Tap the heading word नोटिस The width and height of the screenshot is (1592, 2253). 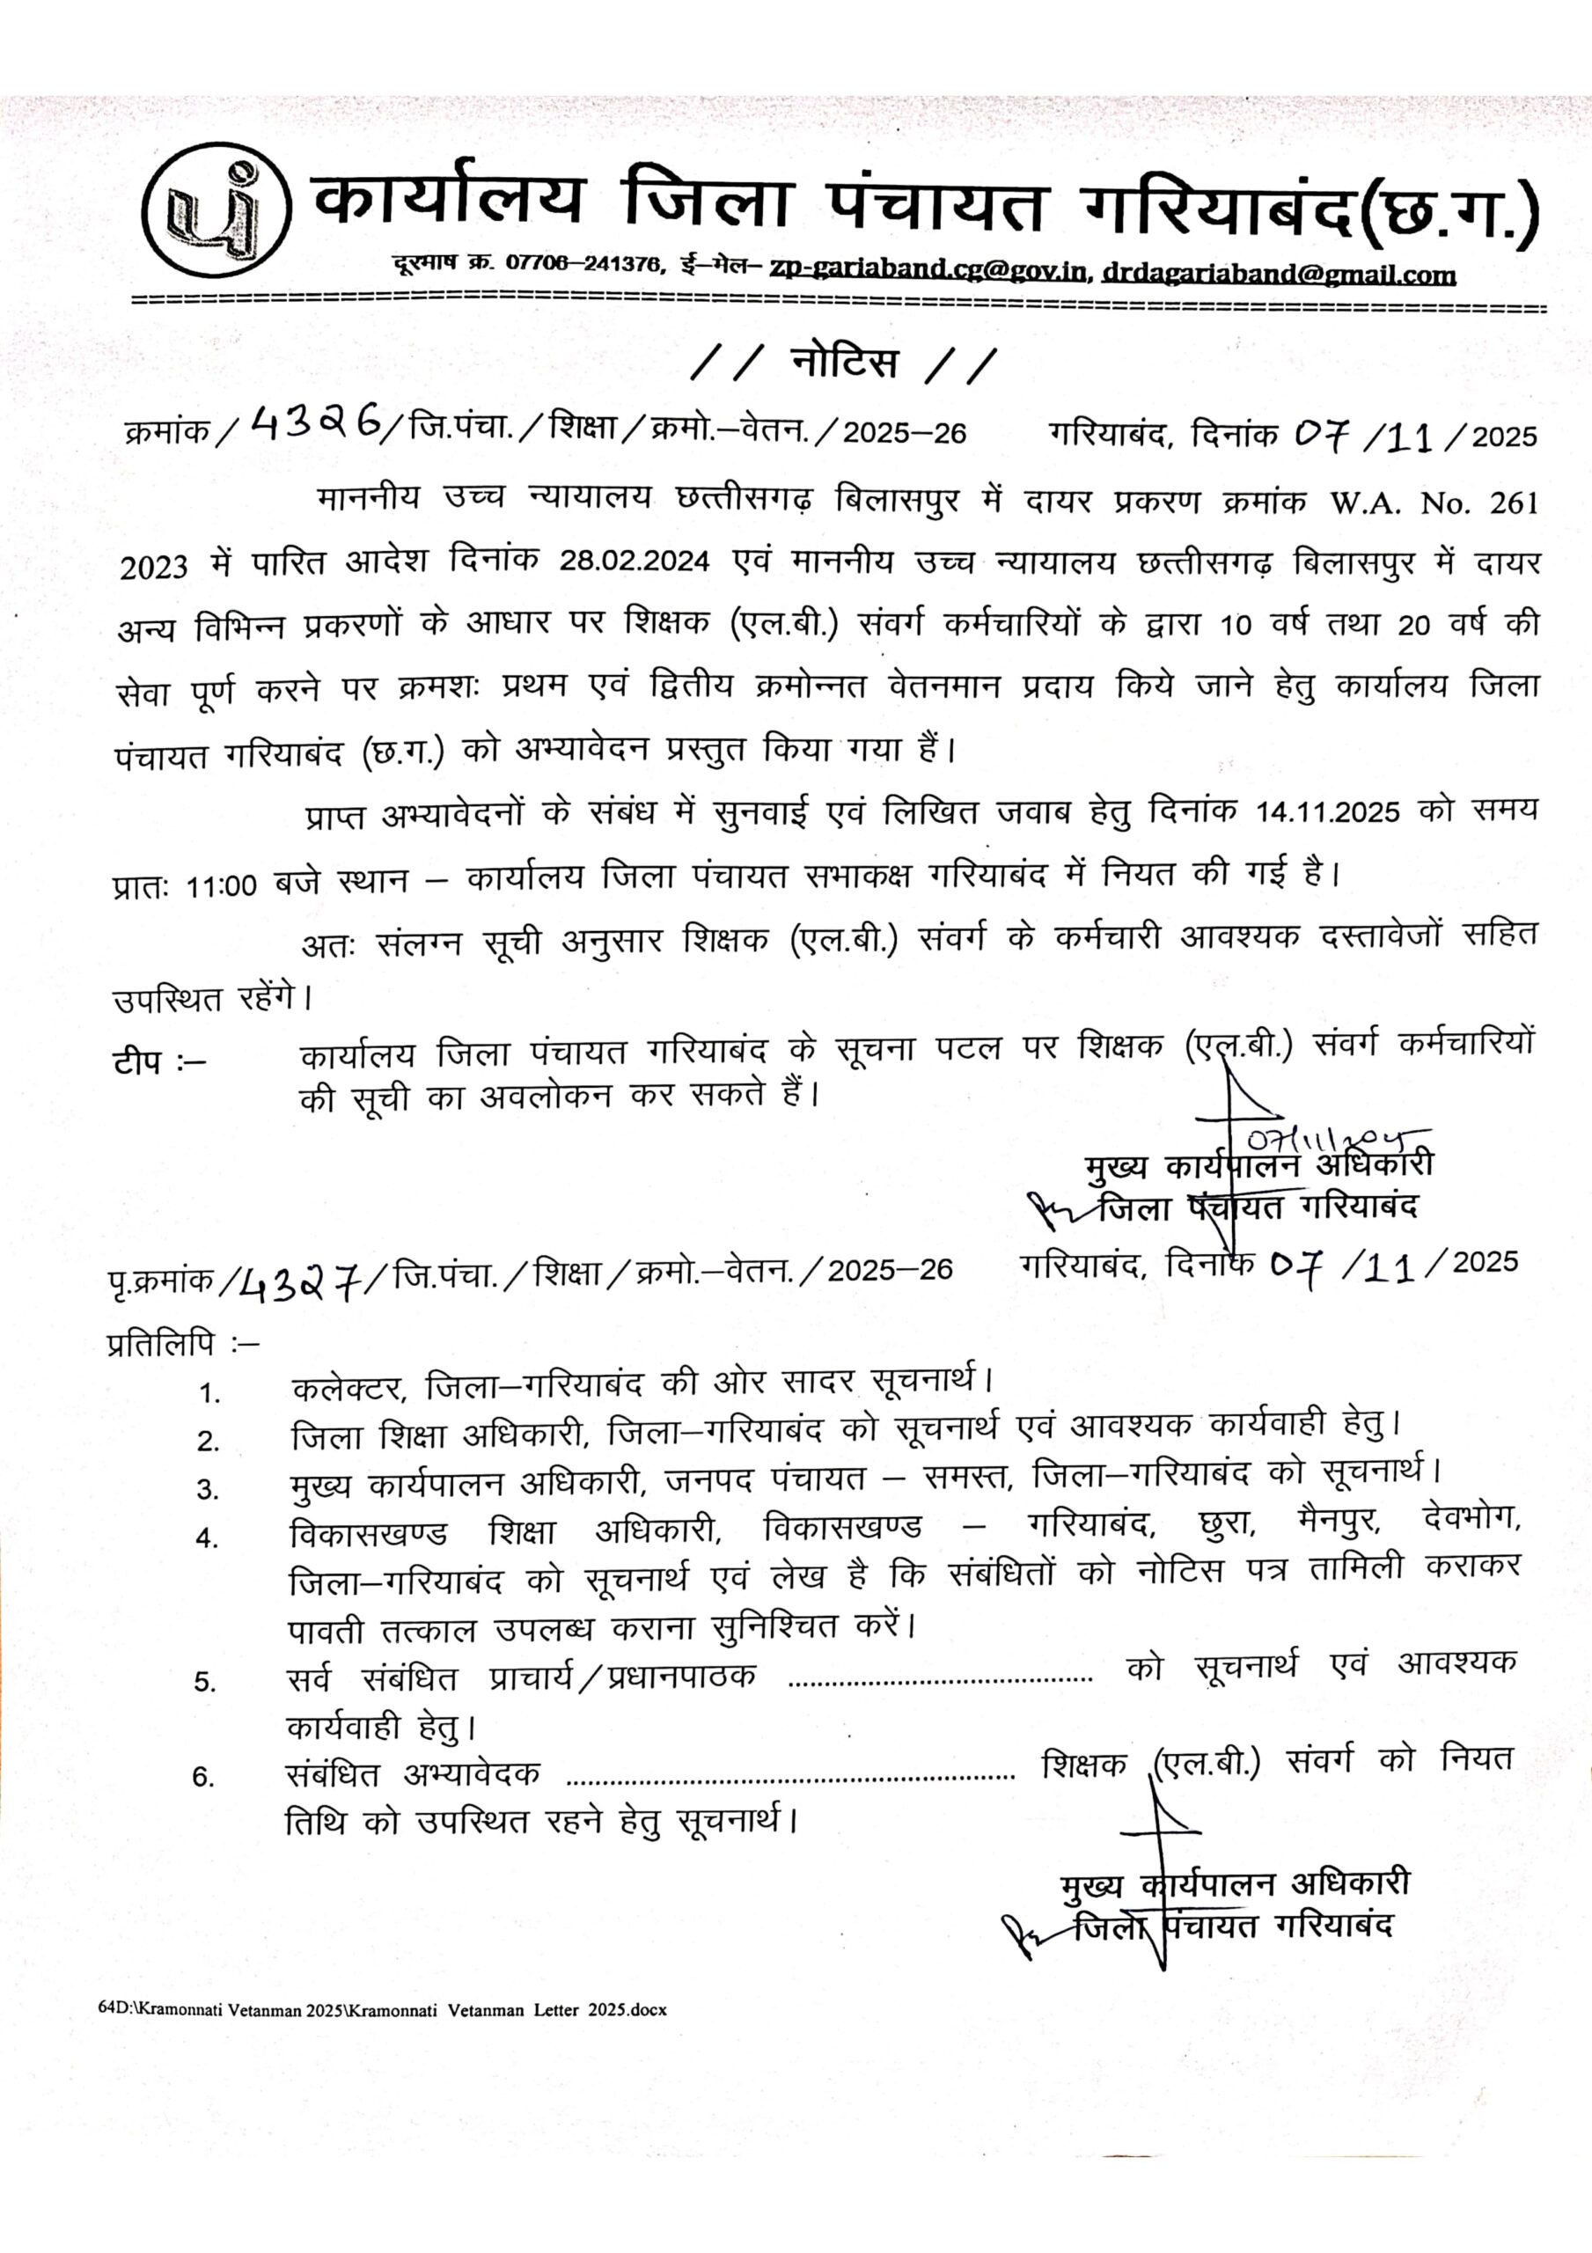[x=844, y=363]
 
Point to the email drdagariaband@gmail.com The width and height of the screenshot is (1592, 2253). [x=1278, y=274]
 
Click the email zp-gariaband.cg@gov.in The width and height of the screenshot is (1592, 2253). [x=929, y=270]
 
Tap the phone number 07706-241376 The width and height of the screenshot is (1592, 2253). [x=583, y=263]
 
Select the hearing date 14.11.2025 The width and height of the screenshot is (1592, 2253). [x=1327, y=812]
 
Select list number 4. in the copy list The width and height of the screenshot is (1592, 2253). [x=207, y=1537]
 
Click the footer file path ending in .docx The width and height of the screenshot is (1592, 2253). [x=382, y=2008]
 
